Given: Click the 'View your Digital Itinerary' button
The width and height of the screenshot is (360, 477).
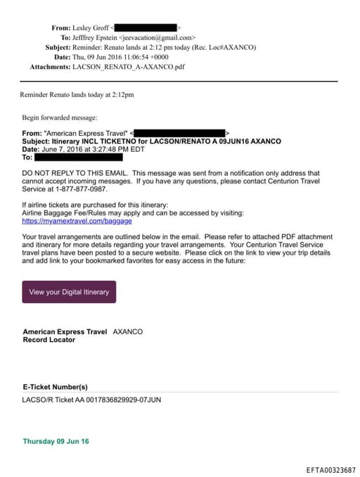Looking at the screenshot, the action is [69, 291].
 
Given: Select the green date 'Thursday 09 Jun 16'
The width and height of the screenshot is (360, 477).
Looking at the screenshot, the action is [56, 441].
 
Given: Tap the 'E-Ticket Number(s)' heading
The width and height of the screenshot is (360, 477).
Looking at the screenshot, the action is [55, 386].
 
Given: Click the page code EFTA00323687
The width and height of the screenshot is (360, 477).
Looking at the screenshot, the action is [330, 469].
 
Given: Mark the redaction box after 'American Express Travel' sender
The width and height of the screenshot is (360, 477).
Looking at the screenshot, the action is [179, 132].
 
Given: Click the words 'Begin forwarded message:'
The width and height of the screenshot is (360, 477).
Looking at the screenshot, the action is [60, 117].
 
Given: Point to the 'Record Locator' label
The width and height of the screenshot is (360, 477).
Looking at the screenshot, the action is [49, 340].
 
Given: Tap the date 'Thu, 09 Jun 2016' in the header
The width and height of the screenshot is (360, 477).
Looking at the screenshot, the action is [98, 57].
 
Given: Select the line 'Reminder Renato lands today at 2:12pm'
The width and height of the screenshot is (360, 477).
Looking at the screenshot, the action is [77, 94].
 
